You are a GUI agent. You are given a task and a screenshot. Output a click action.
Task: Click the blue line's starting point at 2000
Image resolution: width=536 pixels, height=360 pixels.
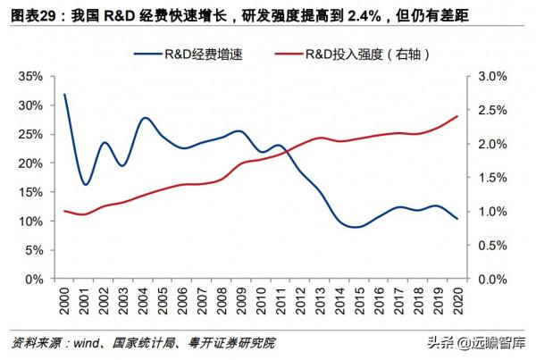coord(65,95)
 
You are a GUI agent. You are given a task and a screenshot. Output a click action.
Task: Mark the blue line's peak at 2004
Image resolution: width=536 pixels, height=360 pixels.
coord(145,118)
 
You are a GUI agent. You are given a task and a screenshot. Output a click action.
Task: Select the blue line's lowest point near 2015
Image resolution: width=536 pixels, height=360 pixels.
coord(357,227)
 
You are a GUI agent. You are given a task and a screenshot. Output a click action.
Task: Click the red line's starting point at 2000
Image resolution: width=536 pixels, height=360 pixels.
coord(65,211)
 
